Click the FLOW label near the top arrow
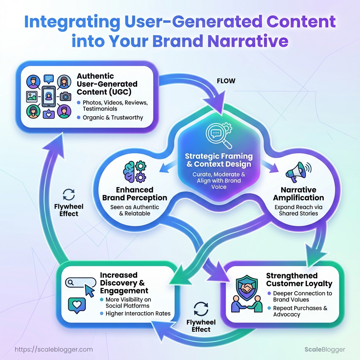[x=226, y=81]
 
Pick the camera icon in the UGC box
[x=65, y=96]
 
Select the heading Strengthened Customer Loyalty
[x=299, y=279]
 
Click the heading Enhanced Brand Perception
[x=134, y=194]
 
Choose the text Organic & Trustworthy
[x=112, y=117]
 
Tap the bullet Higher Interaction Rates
[x=138, y=313]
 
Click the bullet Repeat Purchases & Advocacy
[x=300, y=311]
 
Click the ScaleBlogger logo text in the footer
[x=324, y=349]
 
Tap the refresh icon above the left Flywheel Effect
[x=69, y=194]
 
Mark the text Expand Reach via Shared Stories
[x=298, y=210]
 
